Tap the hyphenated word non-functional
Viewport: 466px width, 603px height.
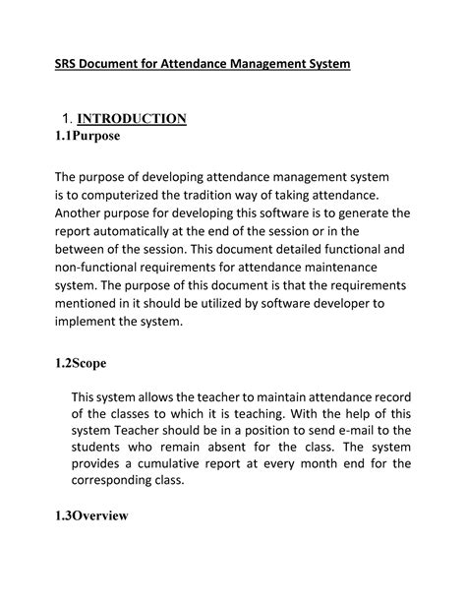pos(103,268)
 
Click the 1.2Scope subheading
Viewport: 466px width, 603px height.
pos(80,362)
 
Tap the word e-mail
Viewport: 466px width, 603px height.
pos(345,434)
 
